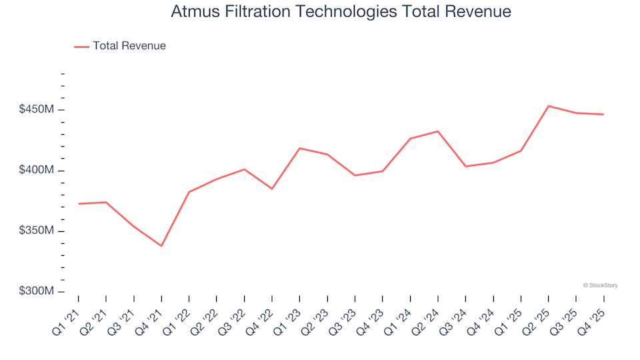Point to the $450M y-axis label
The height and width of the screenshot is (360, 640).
[x=37, y=109]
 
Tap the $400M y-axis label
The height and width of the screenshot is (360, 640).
[x=37, y=171]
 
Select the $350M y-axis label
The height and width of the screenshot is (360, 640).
[x=37, y=231]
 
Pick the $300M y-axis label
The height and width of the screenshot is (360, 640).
[x=37, y=292]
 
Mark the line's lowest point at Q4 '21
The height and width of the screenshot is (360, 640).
[x=161, y=246]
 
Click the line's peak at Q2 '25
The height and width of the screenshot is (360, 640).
[x=548, y=106]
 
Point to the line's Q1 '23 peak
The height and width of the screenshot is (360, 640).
[x=299, y=148]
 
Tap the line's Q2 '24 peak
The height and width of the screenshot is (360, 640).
[x=437, y=131]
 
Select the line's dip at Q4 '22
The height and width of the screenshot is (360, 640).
[x=272, y=189]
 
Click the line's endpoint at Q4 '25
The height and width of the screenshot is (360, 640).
[x=603, y=114]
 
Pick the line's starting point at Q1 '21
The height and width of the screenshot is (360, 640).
[x=79, y=203]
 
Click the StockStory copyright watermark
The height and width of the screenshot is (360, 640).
[x=600, y=285]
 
